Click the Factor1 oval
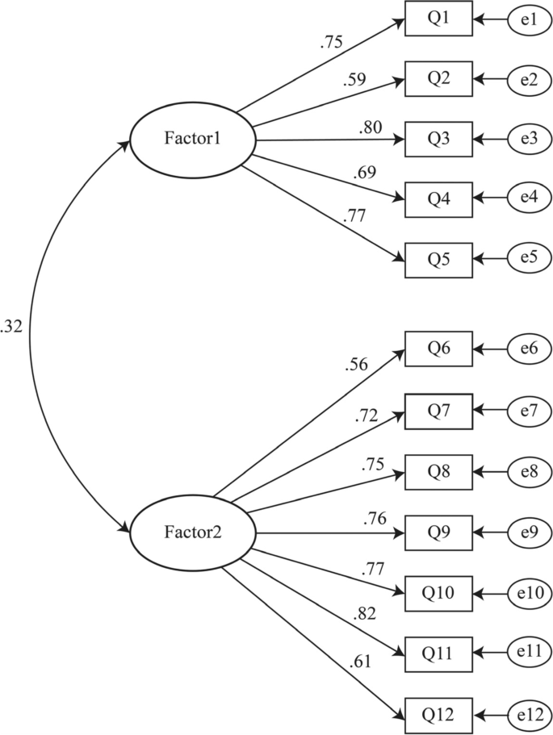click(x=192, y=140)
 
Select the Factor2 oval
click(x=192, y=532)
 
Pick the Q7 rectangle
click(x=438, y=411)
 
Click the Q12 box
click(x=438, y=714)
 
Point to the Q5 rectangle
click(x=438, y=259)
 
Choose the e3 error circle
click(x=530, y=140)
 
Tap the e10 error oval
click(x=530, y=593)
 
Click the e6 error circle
click(x=530, y=349)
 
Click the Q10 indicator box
click(x=438, y=593)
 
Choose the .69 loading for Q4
click(x=365, y=173)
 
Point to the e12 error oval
click(x=530, y=714)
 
